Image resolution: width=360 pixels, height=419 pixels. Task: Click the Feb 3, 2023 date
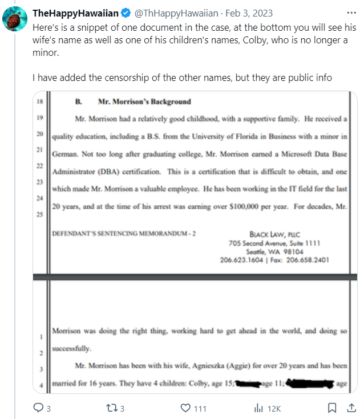pyautogui.click(x=250, y=13)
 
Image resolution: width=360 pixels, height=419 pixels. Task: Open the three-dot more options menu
pyautogui.click(x=350, y=13)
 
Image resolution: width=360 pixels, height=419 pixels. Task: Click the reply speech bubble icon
pyautogui.click(x=38, y=408)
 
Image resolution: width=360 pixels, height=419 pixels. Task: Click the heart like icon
pyautogui.click(x=185, y=408)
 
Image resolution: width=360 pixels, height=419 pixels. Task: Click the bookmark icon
pyautogui.click(x=332, y=408)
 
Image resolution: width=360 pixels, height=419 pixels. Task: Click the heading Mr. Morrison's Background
pyautogui.click(x=144, y=102)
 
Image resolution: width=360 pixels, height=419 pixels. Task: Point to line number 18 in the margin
pyautogui.click(x=40, y=102)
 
